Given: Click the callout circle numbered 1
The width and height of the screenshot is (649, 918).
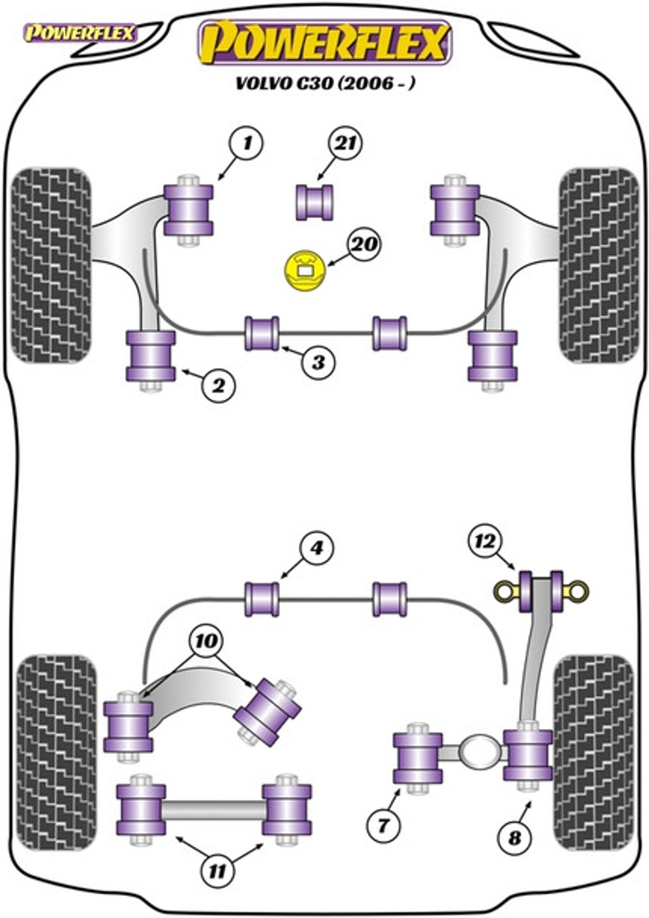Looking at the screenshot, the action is point(247,144).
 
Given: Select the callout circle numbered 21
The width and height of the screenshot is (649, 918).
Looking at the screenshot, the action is point(346,144).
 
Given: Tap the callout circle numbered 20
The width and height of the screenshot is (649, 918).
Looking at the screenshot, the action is point(364,245).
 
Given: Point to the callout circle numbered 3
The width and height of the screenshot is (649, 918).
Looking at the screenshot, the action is point(319,362).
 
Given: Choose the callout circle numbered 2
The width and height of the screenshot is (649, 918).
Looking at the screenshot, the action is point(219,386).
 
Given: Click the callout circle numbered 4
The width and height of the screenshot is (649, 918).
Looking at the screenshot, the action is point(316,547).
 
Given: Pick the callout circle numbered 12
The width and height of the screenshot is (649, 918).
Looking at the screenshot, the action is point(486,542).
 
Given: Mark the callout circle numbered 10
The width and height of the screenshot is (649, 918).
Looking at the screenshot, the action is point(207,642).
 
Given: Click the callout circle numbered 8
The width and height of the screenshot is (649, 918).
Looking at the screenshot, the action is point(515,837).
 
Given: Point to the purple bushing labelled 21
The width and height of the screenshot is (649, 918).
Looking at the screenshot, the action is point(314,202).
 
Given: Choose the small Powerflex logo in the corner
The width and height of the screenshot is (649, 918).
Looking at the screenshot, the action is point(80,34).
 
